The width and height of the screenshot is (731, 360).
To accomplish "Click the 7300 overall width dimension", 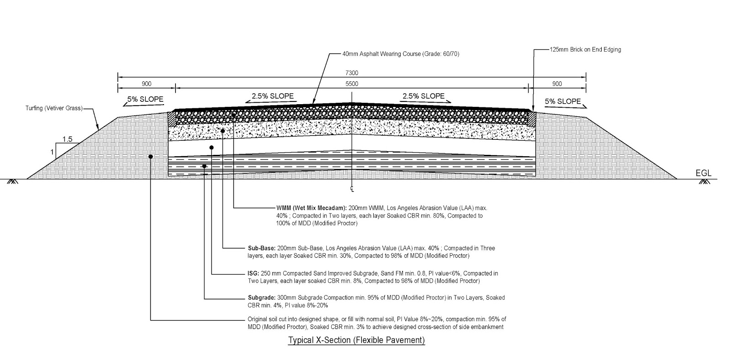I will [352, 73].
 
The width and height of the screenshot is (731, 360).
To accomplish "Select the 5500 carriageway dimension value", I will [352, 84].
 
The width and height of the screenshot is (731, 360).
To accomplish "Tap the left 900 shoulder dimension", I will [147, 84].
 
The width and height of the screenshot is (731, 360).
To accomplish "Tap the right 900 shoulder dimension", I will [557, 84].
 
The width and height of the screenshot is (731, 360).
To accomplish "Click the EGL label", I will [703, 173].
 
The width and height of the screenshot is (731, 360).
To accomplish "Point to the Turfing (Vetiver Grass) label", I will [54, 108].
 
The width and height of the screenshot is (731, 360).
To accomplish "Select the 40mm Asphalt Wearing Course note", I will [401, 54].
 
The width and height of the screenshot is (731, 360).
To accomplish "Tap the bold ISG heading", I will [253, 273].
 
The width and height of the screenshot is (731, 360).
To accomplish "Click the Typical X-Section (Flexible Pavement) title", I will [356, 340].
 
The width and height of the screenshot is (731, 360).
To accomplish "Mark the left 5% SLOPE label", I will [145, 99].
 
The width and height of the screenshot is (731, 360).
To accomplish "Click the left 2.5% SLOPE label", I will [273, 96].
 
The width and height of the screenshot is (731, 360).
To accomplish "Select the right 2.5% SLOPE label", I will [423, 96].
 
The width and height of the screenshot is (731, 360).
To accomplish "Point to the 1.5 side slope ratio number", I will [68, 139].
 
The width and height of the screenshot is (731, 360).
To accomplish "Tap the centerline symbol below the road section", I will [352, 188].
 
